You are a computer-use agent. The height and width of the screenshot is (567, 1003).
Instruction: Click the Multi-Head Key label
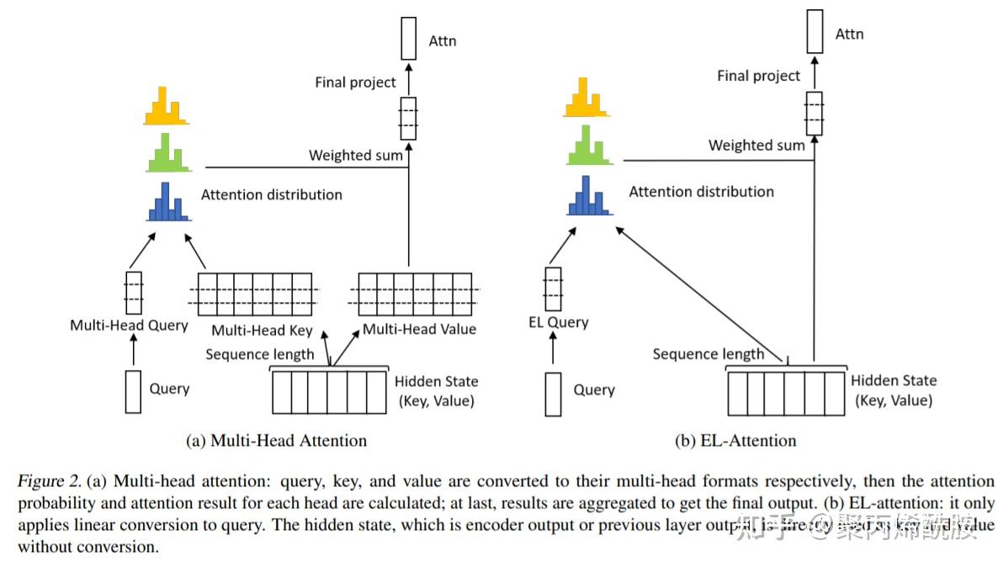262,331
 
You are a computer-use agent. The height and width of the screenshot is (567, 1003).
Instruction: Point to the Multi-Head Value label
419,329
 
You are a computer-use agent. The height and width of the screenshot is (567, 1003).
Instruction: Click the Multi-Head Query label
129,326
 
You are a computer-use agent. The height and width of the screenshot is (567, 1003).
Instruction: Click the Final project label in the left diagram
355,82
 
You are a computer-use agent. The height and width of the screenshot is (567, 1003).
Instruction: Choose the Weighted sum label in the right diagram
756,145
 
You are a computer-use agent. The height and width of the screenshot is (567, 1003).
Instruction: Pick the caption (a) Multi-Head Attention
276,440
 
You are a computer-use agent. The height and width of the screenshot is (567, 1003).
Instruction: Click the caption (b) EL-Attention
735,440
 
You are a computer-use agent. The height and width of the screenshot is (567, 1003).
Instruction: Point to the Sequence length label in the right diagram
708,354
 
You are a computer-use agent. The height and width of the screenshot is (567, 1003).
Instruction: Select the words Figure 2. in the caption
49,481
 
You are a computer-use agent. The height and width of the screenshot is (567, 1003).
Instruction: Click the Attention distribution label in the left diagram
271,194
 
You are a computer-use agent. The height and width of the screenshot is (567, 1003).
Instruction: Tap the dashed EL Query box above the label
553,289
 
